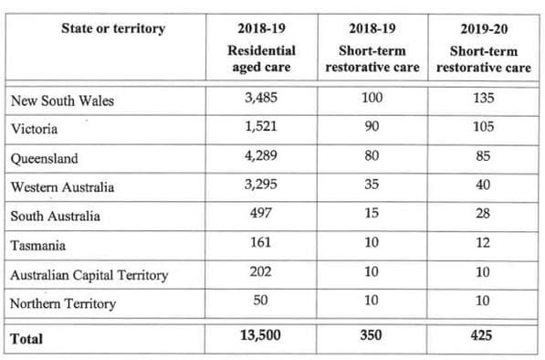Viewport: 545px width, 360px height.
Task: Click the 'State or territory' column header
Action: [x=113, y=28]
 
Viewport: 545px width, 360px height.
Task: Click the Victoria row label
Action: [x=35, y=129]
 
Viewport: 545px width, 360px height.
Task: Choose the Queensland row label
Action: [x=44, y=158]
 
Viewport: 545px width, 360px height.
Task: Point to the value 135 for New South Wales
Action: [x=483, y=100]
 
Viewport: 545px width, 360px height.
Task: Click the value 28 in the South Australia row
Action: [x=483, y=216]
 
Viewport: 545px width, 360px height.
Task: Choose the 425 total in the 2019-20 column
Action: [x=483, y=336]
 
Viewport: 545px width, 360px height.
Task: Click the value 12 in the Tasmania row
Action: [x=483, y=244]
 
